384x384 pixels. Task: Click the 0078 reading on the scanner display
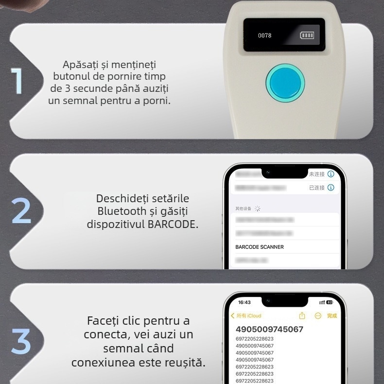(x=264, y=36)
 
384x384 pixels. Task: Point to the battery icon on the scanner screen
(x=307, y=35)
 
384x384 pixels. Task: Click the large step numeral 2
(x=21, y=210)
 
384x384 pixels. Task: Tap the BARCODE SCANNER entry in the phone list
(x=260, y=247)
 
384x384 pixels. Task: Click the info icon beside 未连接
(x=331, y=174)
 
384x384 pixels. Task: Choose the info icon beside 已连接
(x=331, y=188)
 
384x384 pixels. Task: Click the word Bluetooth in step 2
(x=122, y=211)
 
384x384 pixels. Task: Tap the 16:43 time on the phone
(x=244, y=302)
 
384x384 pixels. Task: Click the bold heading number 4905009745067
(x=269, y=329)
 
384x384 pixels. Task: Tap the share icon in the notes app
(x=302, y=316)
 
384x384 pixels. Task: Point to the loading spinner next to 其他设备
(x=258, y=209)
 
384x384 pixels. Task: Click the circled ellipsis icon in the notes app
(x=318, y=316)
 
